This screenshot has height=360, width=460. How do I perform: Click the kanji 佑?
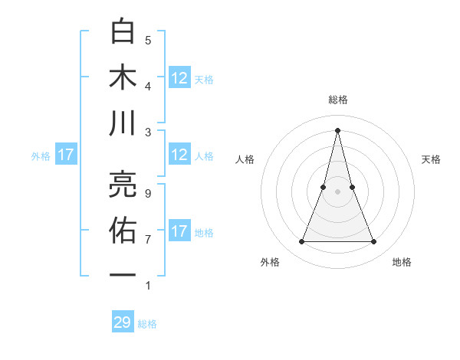tap(123, 229)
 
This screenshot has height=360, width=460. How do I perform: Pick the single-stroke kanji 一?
tap(123, 274)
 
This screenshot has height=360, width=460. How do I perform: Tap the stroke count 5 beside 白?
tap(148, 40)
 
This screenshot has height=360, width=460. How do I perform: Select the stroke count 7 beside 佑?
tap(148, 239)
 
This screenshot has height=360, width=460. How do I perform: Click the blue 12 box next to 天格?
tap(179, 78)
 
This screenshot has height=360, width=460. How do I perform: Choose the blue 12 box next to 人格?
tap(179, 155)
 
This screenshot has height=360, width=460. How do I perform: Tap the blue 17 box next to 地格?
tap(179, 232)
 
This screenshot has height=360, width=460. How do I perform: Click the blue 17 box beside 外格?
tap(66, 155)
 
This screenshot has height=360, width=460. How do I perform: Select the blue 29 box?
tap(123, 322)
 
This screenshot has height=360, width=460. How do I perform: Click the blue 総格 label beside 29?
tap(148, 324)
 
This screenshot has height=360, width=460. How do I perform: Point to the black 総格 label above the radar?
tap(337, 100)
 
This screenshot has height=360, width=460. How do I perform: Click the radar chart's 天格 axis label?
tap(431, 159)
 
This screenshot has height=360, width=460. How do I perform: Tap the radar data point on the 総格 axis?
tap(337, 129)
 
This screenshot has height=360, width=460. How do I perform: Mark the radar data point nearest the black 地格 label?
tap(374, 242)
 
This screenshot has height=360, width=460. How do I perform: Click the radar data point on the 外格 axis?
tap(301, 242)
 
